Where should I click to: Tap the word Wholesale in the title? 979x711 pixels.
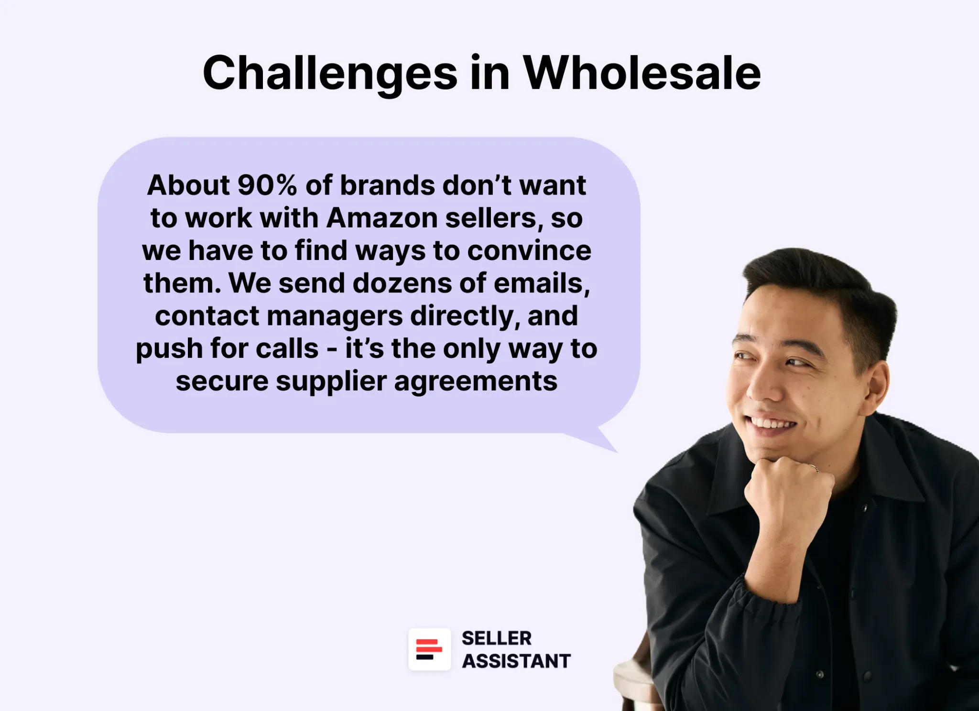[642, 73]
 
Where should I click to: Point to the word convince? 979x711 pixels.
[529, 251]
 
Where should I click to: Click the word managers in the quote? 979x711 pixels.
[334, 316]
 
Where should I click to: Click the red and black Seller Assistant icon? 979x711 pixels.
[429, 649]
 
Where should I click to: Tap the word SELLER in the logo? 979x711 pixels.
[496, 638]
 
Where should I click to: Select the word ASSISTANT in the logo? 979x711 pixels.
[516, 661]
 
